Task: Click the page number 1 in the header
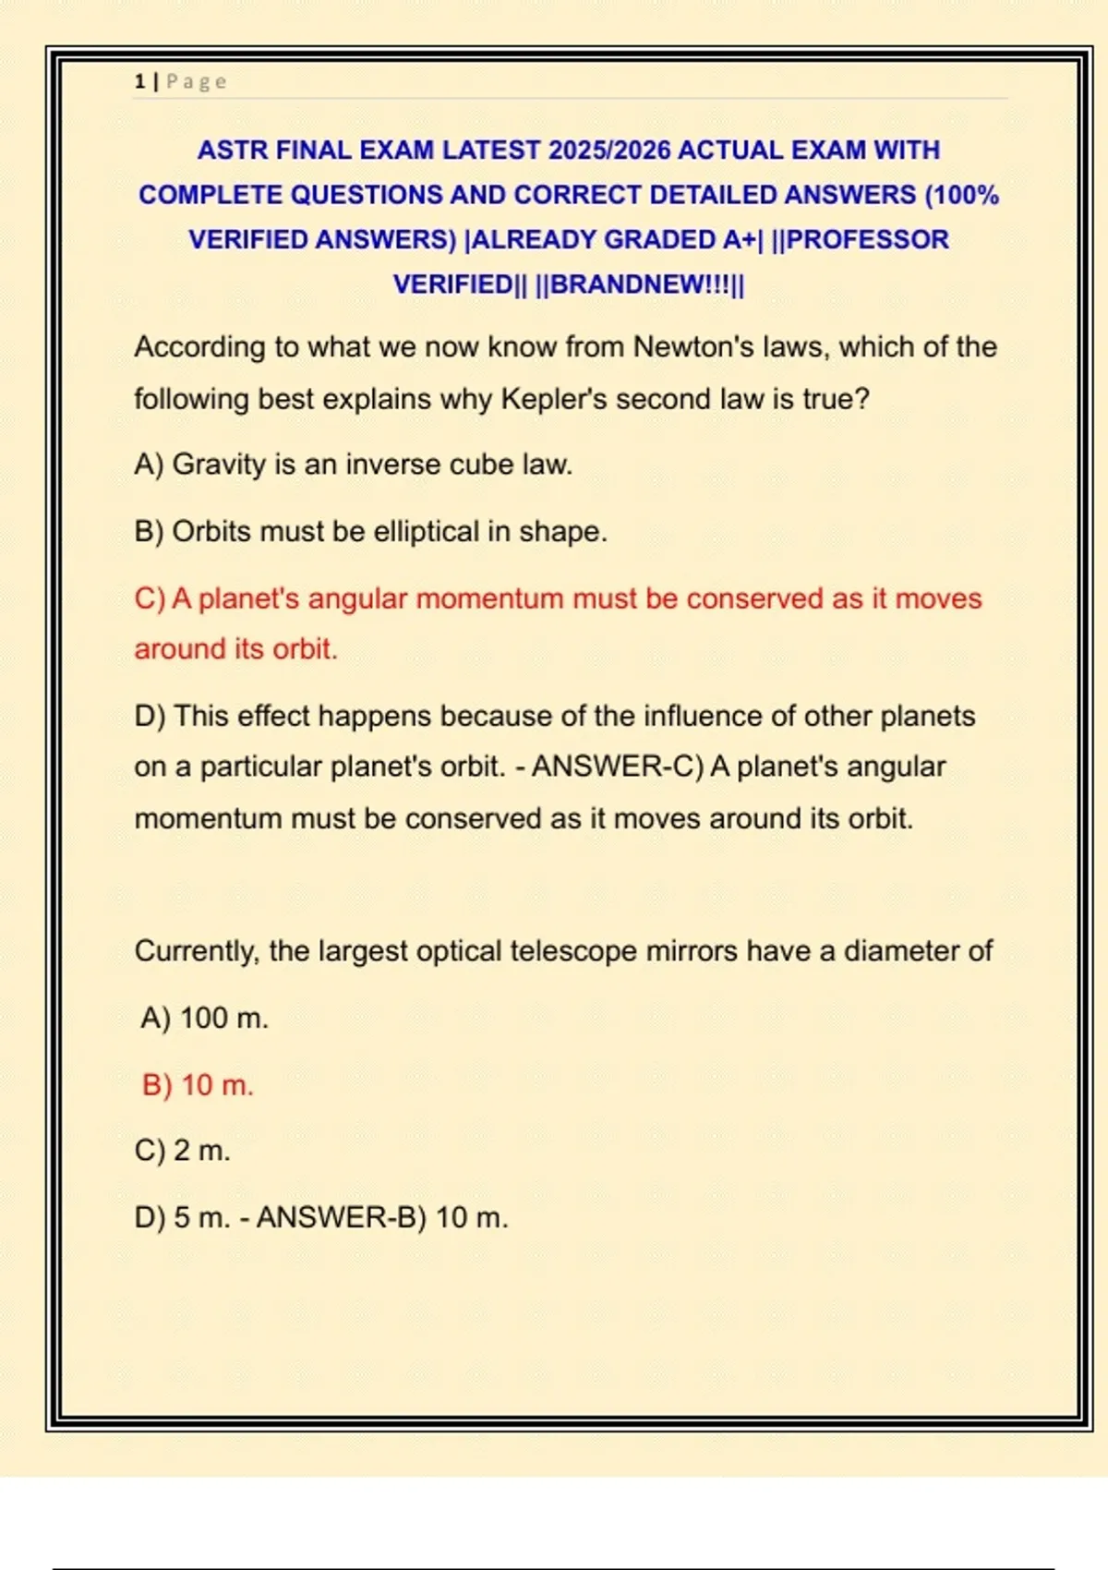(x=139, y=82)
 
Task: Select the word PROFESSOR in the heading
(x=867, y=240)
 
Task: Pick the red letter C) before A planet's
(x=150, y=599)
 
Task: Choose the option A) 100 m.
(x=204, y=1019)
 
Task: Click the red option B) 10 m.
(x=198, y=1085)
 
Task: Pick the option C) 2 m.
(x=183, y=1152)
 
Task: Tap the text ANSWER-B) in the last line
(x=341, y=1218)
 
